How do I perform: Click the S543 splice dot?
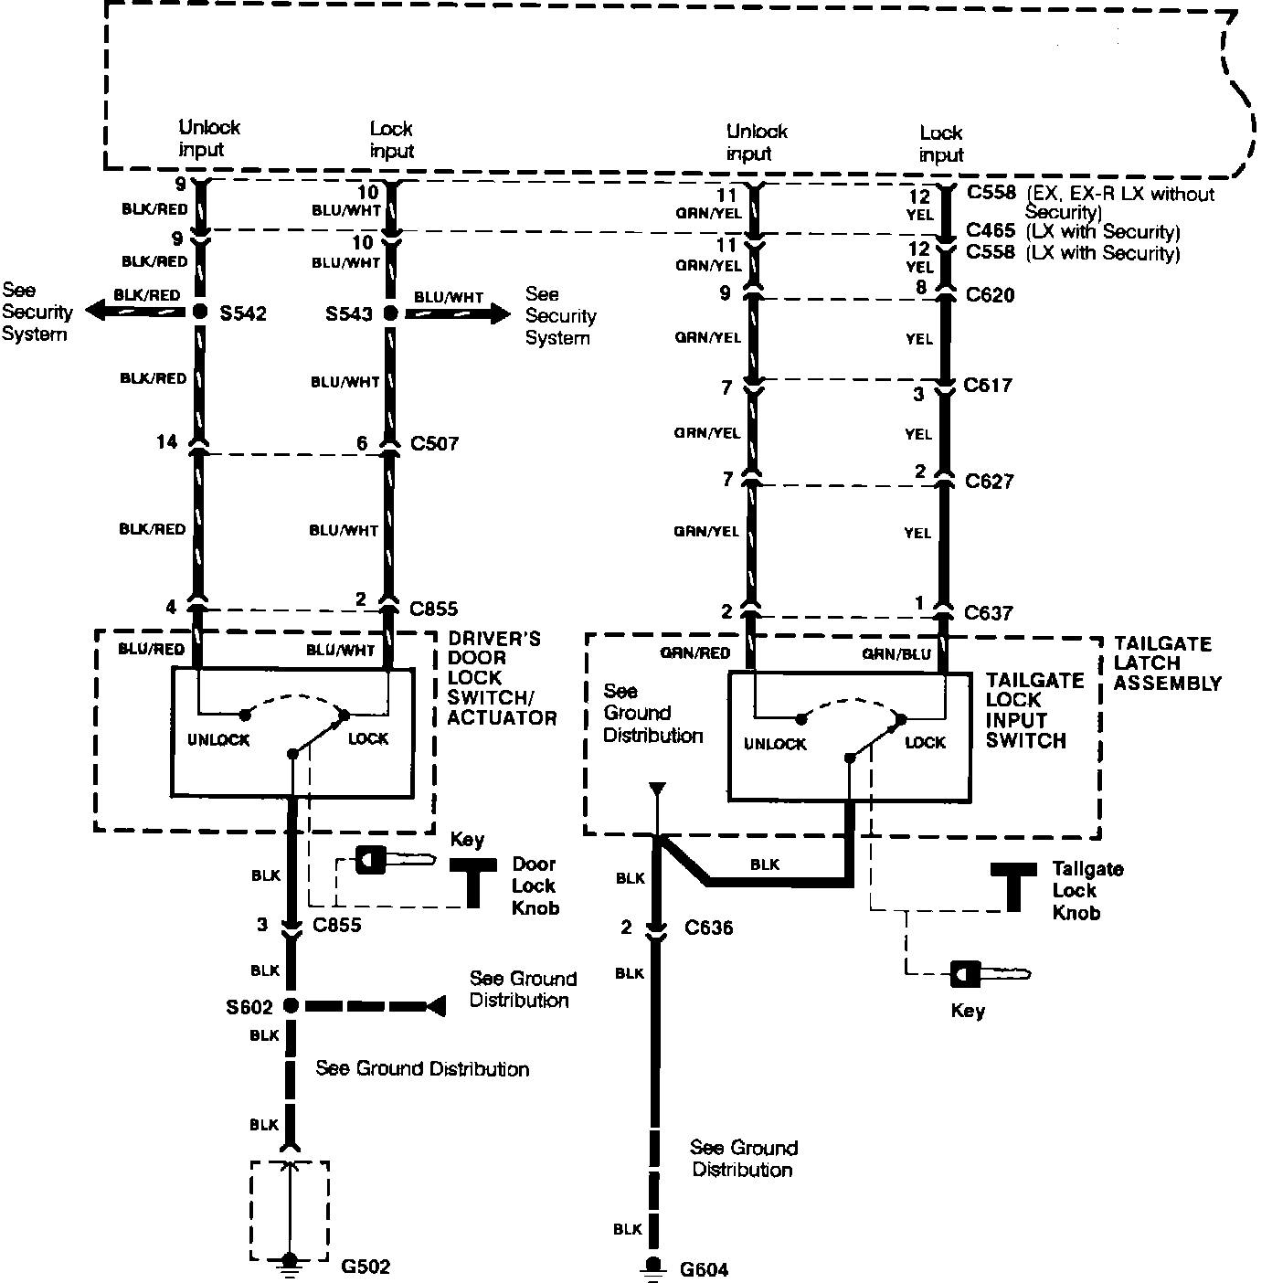click(390, 313)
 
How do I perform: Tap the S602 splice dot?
click(291, 1006)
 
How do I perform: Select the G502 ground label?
click(365, 1267)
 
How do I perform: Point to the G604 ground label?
click(704, 1269)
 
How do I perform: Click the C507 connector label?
click(434, 444)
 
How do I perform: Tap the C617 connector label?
click(988, 386)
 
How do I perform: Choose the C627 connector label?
click(989, 482)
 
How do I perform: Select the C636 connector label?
click(709, 928)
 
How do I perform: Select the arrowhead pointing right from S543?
click(501, 313)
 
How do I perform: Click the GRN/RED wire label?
click(695, 653)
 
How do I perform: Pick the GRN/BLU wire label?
click(896, 653)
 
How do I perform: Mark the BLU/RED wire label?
click(153, 650)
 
